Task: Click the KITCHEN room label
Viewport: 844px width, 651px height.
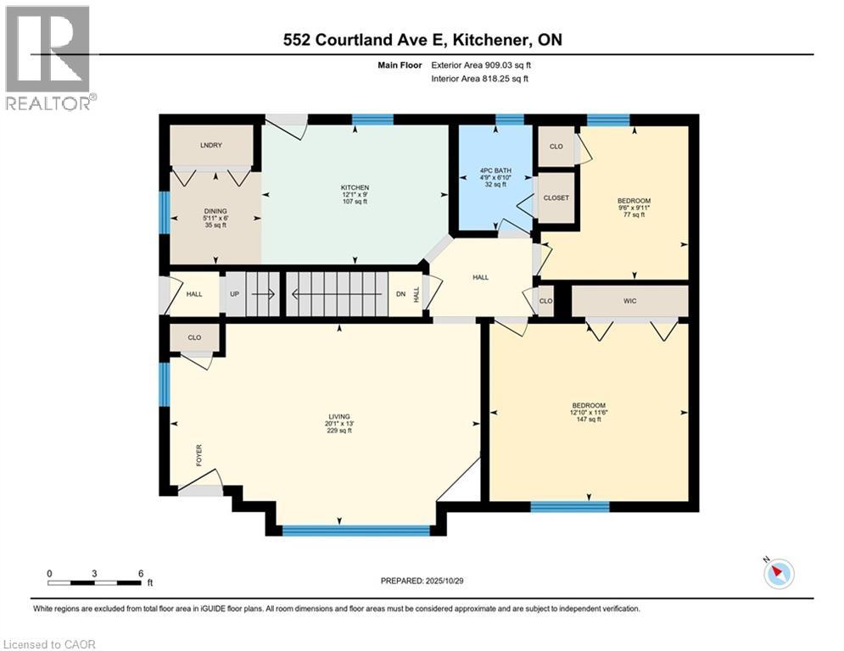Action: point(355,187)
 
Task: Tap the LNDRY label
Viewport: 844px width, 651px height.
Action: point(211,146)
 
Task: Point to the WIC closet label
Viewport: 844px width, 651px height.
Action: point(629,301)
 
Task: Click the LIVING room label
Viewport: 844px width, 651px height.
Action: point(339,416)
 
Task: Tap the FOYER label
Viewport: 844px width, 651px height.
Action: point(200,455)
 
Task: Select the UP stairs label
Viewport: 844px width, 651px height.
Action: point(234,295)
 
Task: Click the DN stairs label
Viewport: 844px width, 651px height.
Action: point(400,295)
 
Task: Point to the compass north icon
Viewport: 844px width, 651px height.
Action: point(778,574)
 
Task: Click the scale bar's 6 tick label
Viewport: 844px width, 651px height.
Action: point(141,573)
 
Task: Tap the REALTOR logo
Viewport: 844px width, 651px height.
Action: point(48,58)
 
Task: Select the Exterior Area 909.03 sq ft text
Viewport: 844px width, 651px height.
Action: point(483,64)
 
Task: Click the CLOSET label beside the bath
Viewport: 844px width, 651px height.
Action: point(556,198)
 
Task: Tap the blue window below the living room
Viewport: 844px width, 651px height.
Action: point(355,531)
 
